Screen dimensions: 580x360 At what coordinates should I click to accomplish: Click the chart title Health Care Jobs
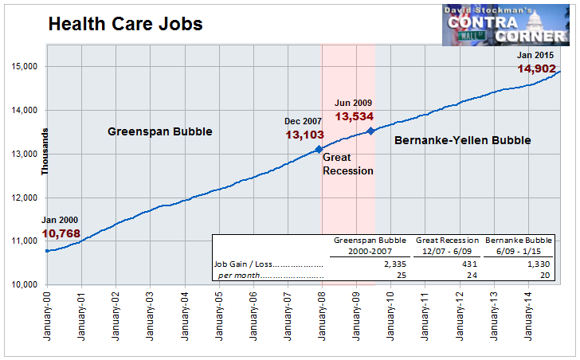click(125, 24)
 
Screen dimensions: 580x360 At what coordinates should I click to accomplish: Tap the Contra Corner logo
click(506, 25)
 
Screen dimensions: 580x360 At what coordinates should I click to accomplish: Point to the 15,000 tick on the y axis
click(25, 67)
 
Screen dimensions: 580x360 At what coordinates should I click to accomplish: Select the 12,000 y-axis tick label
click(25, 198)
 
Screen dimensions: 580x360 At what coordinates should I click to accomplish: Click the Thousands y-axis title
click(45, 151)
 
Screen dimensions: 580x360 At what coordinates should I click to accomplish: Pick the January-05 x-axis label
click(219, 316)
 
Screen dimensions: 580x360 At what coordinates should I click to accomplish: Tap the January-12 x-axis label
click(460, 316)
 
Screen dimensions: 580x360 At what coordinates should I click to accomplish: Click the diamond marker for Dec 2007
click(319, 149)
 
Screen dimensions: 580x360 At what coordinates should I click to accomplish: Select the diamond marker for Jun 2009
click(370, 131)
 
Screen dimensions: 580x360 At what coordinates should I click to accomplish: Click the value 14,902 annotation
click(536, 68)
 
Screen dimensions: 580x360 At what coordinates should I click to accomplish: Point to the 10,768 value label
click(61, 233)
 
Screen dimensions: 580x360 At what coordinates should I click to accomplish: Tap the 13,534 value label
click(355, 117)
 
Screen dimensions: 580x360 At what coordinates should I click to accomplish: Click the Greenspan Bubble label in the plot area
click(160, 131)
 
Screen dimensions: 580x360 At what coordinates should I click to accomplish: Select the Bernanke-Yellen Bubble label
click(463, 140)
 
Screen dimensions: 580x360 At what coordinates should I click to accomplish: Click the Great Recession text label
click(348, 164)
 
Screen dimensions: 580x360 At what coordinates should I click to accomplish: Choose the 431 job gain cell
click(469, 264)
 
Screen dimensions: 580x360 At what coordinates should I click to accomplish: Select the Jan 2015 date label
click(535, 56)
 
